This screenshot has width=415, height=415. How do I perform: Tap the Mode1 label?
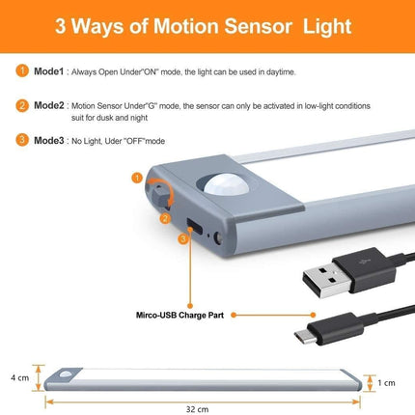pos(49,71)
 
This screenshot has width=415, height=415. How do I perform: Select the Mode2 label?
pos(49,105)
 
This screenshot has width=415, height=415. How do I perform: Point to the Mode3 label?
pos(49,140)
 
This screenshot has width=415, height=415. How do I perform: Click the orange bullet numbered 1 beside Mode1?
pos(22,70)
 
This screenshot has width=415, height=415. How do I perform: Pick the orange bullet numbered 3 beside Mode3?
pos(22,140)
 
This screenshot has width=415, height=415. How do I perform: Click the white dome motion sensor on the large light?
pos(227,184)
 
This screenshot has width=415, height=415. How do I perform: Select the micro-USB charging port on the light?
pos(195,226)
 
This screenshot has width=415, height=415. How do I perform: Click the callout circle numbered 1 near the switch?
pos(137,178)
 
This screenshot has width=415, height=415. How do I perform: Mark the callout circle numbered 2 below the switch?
pos(165,218)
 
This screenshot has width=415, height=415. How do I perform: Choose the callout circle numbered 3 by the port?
pos(183,239)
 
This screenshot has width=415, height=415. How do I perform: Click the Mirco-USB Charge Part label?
pos(180,315)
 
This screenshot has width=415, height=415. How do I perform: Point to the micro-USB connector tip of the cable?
pos(303,336)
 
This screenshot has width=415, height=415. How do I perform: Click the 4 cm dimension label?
pos(20,377)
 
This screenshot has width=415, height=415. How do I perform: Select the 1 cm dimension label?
pos(386,383)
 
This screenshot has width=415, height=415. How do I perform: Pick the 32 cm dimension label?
pos(197,409)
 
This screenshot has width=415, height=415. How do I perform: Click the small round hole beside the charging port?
pos(219,238)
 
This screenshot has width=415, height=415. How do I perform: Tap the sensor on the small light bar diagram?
pos(67,374)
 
